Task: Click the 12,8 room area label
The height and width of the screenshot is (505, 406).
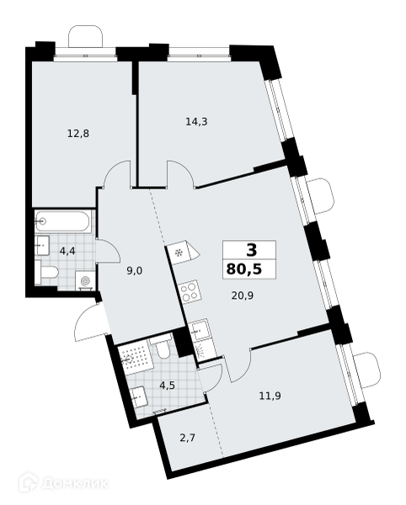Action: coord(78,133)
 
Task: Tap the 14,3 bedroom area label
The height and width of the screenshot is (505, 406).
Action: coord(196,122)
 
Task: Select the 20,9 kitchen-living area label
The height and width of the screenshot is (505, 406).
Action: coord(243,295)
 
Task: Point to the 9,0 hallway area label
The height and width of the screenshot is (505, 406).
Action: coord(135,271)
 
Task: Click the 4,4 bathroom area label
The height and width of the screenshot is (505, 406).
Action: coord(67,251)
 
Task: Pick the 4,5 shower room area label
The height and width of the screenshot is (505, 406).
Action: coord(167,385)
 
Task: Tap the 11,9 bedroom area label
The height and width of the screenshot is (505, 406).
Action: coord(270,396)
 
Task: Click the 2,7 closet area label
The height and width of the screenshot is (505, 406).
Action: coord(188,438)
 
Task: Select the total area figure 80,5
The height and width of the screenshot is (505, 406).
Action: coord(244,268)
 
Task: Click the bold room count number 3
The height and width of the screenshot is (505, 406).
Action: coord(252,250)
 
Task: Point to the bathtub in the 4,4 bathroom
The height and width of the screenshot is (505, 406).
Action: coord(63,221)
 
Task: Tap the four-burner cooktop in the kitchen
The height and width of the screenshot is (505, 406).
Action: coord(190,291)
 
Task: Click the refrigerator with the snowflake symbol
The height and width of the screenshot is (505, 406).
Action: coord(183,252)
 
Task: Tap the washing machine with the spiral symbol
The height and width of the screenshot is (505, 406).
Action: coord(85,281)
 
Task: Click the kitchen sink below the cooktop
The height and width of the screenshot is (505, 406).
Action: coord(199,329)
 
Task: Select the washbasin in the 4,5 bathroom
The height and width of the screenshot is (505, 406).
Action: coord(140,398)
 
